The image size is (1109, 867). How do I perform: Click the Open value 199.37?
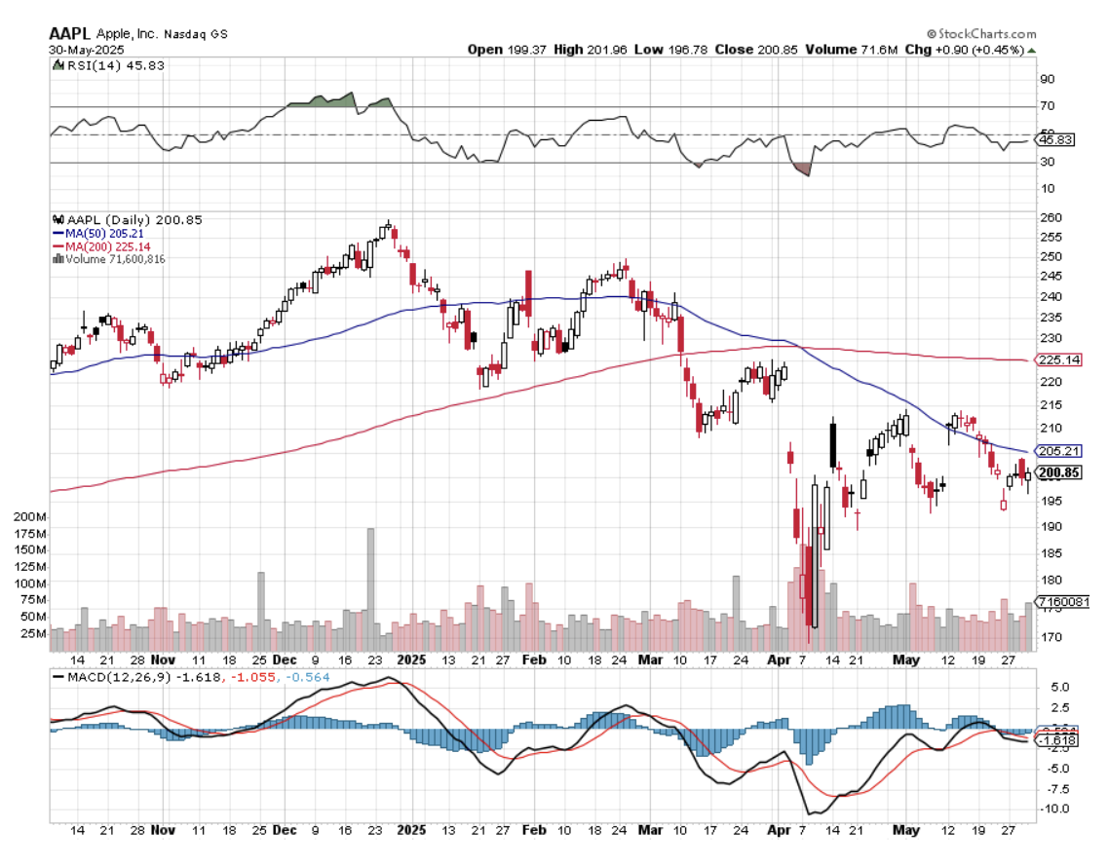[x=524, y=50]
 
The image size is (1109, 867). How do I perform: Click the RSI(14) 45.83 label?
[x=102, y=65]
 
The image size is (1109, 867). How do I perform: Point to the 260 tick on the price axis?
[x=1051, y=217]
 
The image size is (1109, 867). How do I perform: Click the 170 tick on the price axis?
[x=1051, y=639]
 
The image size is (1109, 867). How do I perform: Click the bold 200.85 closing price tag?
[x=1059, y=473]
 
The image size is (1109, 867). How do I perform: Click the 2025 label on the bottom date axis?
[x=412, y=659]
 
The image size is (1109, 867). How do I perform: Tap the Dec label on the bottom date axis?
[x=285, y=659]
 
